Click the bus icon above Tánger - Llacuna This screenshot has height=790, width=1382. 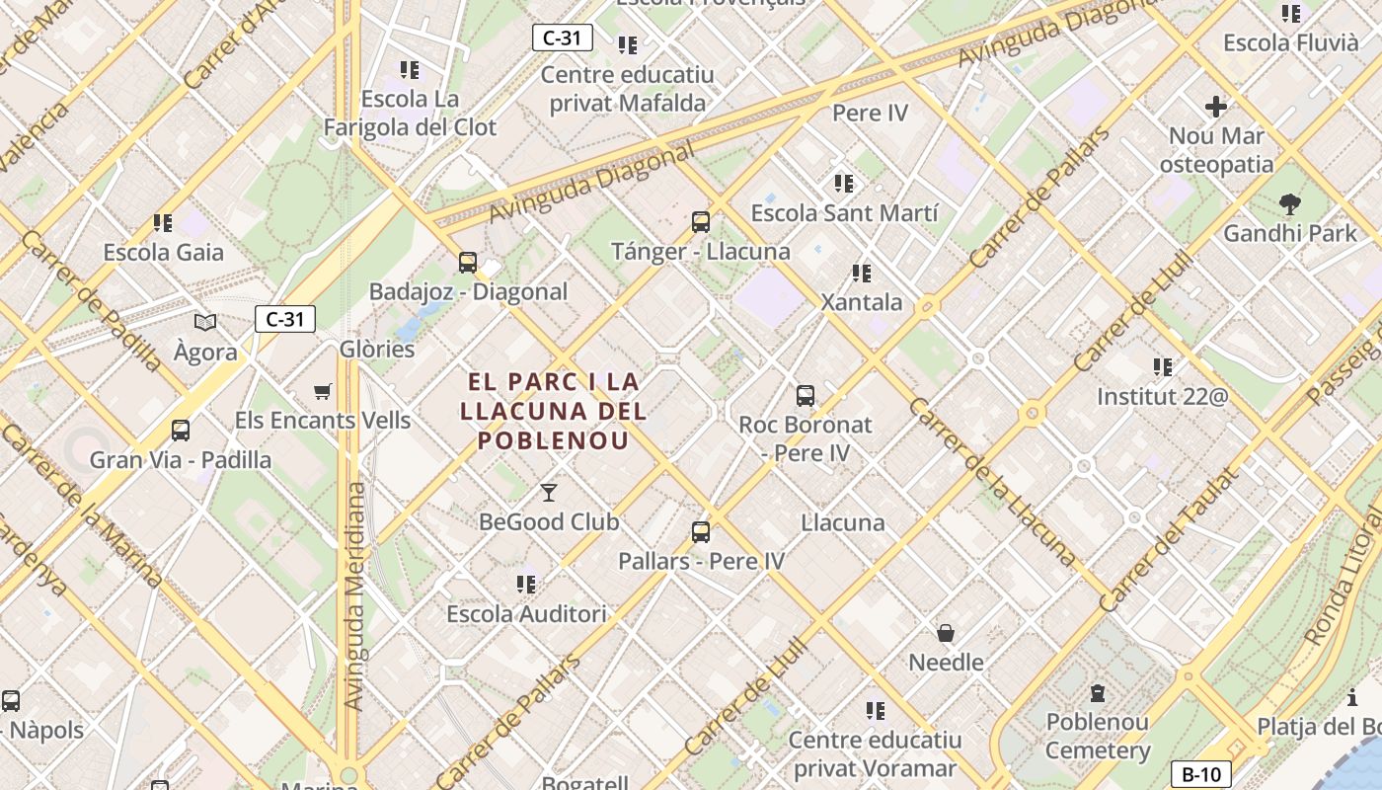point(701,222)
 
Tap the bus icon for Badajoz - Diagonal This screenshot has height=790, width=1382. point(468,263)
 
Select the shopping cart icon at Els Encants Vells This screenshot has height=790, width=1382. point(323,391)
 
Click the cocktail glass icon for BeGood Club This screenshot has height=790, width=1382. point(549,492)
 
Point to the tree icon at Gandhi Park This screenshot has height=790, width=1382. point(1289,204)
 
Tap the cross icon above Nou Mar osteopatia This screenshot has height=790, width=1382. point(1216,106)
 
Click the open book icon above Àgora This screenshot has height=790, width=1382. point(205,322)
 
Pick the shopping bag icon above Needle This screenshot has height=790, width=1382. point(946,633)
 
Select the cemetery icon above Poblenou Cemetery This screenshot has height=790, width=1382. point(1097,693)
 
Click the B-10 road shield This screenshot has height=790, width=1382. point(1200,774)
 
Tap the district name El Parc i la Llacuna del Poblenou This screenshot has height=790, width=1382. point(554,411)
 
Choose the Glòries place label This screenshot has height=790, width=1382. point(377,350)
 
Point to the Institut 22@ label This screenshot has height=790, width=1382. point(1163,397)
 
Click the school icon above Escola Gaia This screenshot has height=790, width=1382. point(163,223)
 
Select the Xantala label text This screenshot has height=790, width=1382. point(862,302)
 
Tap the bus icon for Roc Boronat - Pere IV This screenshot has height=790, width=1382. point(806,396)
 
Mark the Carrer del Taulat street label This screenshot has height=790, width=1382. point(1168,540)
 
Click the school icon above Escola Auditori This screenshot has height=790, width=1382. point(526,585)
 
